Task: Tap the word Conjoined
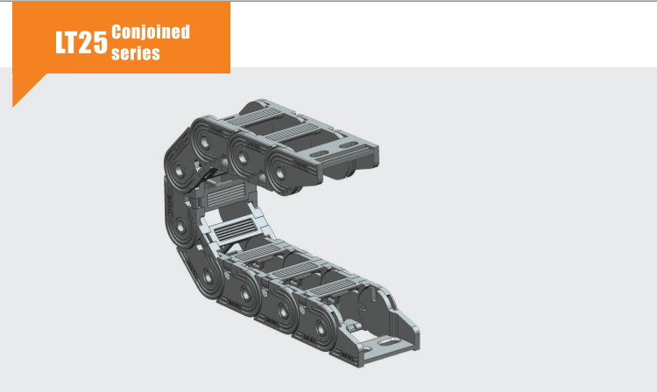(151, 32)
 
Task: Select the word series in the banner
(136, 52)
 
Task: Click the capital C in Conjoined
(117, 32)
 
